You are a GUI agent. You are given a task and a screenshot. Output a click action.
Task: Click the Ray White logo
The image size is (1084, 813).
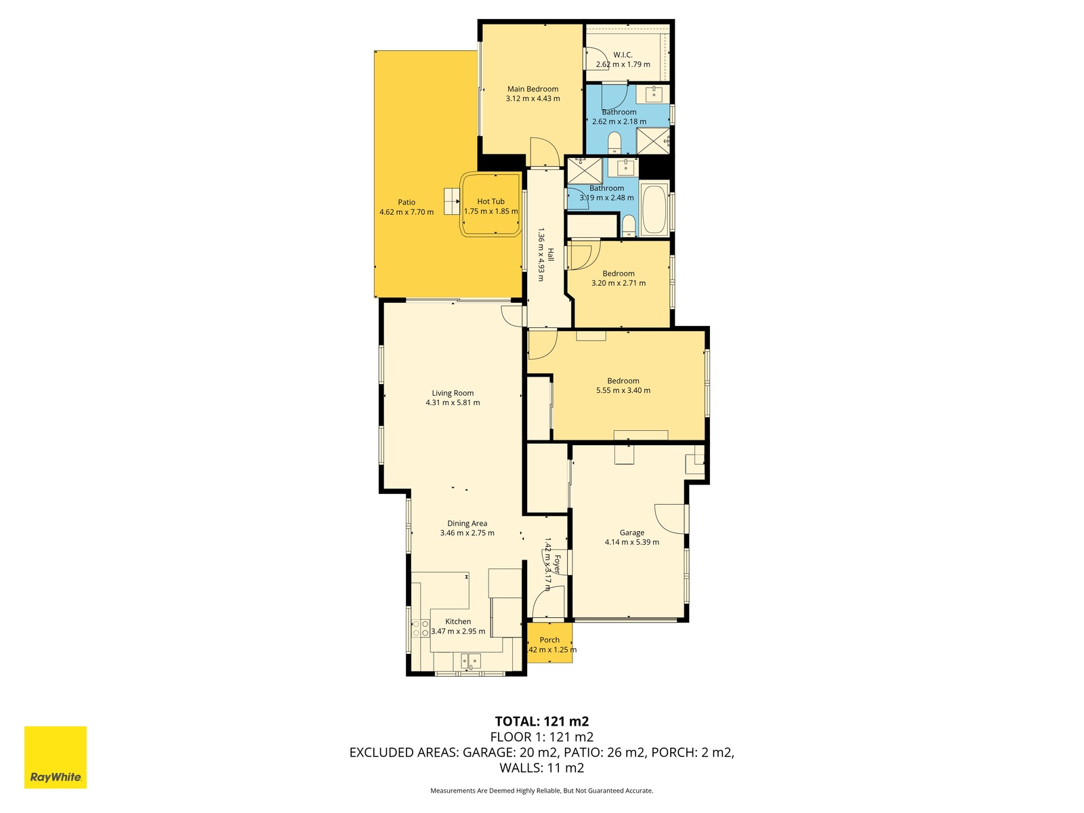click(x=56, y=757)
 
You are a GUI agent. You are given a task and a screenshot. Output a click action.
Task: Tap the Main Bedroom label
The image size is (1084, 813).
click(x=533, y=89)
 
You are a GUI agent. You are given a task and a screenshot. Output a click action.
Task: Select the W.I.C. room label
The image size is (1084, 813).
click(x=623, y=55)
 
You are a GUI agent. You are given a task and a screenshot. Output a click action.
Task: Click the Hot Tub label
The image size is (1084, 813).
click(x=491, y=201)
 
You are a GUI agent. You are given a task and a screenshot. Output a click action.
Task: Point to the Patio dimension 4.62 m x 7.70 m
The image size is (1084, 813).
click(x=406, y=212)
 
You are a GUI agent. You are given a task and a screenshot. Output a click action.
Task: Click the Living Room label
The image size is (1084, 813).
click(x=453, y=393)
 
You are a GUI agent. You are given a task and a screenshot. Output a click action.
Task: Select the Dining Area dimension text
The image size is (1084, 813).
click(x=467, y=533)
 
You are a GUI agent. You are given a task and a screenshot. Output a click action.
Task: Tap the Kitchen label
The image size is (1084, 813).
click(x=458, y=621)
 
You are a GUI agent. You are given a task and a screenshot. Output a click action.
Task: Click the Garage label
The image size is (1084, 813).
click(x=632, y=533)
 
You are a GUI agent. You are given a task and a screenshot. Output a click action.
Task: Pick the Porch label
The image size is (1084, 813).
click(x=549, y=640)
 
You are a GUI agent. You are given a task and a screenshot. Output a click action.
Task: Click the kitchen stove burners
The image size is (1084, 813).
click(x=420, y=629)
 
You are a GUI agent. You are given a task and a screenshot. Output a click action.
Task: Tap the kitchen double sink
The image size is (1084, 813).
click(x=471, y=661)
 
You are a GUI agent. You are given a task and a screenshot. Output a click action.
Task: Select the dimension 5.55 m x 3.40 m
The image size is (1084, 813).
click(x=623, y=390)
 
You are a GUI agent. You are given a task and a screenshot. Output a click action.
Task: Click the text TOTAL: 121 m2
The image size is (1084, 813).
click(x=542, y=722)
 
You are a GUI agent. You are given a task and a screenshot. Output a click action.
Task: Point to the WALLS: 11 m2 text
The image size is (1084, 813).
click(x=542, y=768)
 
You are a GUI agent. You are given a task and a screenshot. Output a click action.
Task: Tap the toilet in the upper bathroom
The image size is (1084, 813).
click(x=614, y=142)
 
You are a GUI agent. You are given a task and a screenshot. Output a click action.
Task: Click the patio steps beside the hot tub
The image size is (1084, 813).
click(x=452, y=201)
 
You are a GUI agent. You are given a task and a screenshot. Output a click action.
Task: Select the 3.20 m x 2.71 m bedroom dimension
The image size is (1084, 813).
click(x=619, y=283)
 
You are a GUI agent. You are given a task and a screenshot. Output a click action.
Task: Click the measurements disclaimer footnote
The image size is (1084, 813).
click(x=542, y=790)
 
